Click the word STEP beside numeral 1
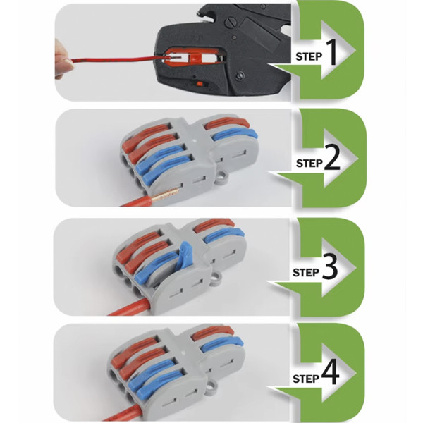coord(309,56)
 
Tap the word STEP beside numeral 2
coord(309,164)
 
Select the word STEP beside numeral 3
coord(306,272)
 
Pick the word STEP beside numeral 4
coord(306,379)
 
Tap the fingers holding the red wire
coord(62,59)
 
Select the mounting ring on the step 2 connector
coord(223,176)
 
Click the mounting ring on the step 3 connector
coord(216,279)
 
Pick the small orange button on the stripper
coord(200,84)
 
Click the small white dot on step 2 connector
coord(195,140)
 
